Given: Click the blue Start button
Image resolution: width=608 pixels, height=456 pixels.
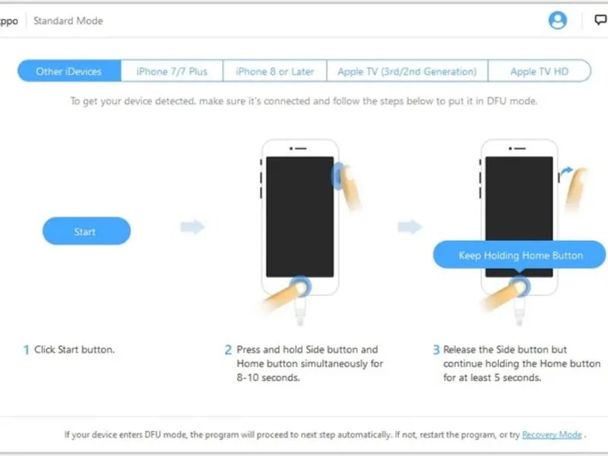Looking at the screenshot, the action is tap(87, 231).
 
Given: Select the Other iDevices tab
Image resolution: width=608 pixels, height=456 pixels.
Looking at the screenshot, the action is tap(69, 71).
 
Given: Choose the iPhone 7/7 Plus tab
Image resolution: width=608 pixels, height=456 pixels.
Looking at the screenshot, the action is tap(172, 71).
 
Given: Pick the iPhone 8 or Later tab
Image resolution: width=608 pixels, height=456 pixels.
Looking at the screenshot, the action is tap(275, 71).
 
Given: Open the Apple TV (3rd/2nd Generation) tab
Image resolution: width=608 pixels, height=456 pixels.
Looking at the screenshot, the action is tap(407, 71).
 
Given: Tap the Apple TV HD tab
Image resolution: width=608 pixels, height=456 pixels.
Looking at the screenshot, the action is tap(540, 71).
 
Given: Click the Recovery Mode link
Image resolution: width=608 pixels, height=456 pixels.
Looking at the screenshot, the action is tap(552, 435).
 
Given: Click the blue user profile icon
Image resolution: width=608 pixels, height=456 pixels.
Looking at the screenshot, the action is tap(558, 21).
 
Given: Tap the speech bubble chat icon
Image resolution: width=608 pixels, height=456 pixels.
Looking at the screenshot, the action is tap(600, 20).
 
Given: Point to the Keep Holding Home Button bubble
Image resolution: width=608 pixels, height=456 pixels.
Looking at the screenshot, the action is tap(519, 255).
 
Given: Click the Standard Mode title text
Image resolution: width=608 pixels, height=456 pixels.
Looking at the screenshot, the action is tap(68, 21).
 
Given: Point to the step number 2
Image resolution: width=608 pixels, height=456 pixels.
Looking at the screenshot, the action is tap(228, 350).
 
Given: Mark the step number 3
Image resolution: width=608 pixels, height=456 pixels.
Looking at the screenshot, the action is tap(436, 350).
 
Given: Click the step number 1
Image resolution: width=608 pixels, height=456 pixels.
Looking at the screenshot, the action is tap(26, 350).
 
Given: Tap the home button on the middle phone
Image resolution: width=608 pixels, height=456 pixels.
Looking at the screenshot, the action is tap(299, 287).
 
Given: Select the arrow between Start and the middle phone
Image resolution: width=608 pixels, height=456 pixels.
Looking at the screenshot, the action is tap(193, 226).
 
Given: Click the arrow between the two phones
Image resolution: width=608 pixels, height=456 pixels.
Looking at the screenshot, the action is tap(410, 226).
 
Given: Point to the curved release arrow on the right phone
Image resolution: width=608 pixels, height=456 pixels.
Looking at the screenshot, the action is tap(567, 170).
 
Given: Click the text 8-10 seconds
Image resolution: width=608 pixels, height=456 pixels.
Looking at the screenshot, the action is tap(268, 378).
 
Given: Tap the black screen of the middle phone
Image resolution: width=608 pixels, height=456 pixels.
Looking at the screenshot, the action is tap(299, 217).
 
